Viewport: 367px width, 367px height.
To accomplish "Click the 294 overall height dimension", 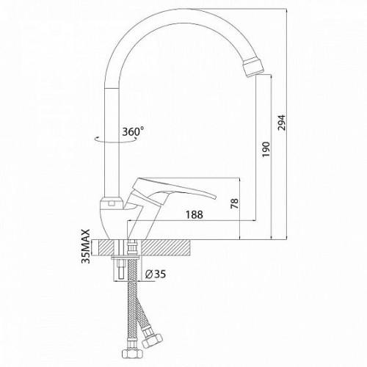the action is pyautogui.click(x=281, y=123).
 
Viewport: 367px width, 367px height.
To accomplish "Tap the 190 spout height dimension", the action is pyautogui.click(x=266, y=150).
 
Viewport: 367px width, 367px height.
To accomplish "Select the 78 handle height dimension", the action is pyautogui.click(x=234, y=203).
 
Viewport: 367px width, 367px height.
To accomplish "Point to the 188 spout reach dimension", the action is pyautogui.click(x=195, y=214).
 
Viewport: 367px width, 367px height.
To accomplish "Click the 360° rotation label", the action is pyautogui.click(x=133, y=131).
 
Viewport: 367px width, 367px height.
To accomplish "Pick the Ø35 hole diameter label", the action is pyautogui.click(x=155, y=274).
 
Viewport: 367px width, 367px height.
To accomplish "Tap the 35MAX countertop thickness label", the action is pyautogui.click(x=86, y=247).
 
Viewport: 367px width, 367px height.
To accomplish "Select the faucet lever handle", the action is pyautogui.click(x=171, y=189).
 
